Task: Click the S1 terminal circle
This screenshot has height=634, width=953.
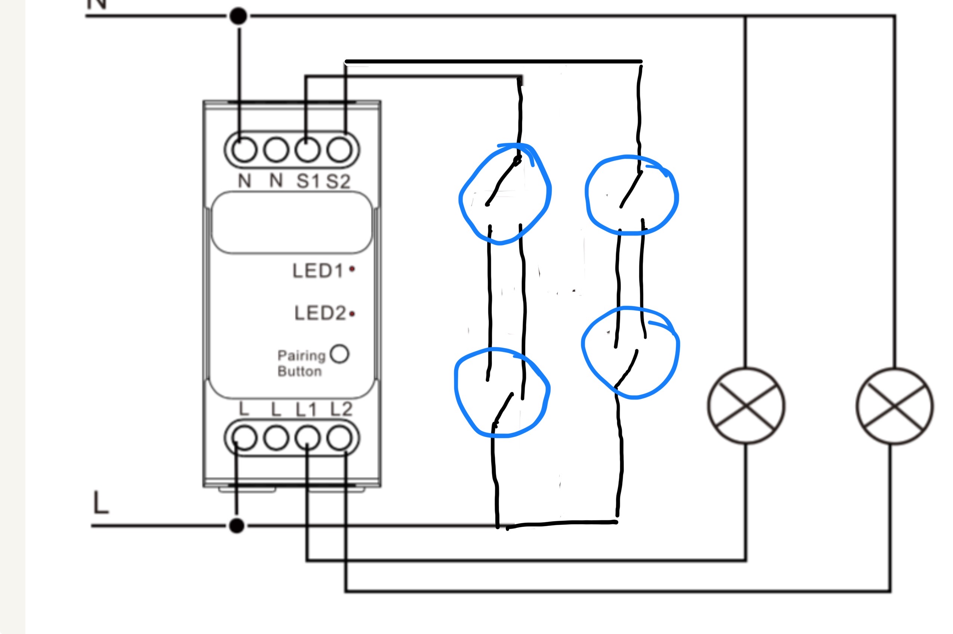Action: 307,150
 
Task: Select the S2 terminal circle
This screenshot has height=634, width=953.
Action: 339,150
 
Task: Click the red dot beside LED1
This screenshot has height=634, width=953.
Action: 352,269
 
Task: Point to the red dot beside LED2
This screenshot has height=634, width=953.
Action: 352,313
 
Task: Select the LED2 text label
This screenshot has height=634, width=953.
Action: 320,313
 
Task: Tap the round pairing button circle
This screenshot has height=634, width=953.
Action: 339,354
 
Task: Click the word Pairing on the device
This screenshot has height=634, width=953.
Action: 301,356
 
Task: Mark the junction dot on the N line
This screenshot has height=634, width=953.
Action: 238,16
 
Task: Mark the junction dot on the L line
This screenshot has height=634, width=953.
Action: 236,526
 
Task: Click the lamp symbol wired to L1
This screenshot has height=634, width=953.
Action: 746,405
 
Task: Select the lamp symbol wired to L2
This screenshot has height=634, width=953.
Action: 895,405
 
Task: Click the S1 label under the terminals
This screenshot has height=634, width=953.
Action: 308,181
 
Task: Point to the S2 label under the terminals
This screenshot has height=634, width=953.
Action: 338,181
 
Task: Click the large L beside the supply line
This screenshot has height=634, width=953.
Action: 101,502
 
